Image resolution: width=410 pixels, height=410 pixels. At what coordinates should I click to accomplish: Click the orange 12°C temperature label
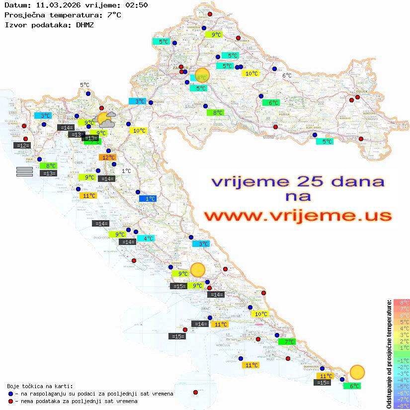(108, 158)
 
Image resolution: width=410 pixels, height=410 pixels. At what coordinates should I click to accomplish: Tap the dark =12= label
(22, 146)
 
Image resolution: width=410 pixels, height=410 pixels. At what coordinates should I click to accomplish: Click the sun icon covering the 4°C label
(202, 75)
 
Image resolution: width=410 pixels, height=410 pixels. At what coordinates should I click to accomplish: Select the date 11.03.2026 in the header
(54, 5)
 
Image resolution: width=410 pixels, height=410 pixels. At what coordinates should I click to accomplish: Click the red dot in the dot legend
(10, 401)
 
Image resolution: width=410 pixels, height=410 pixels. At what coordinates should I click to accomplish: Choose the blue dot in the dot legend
(10, 394)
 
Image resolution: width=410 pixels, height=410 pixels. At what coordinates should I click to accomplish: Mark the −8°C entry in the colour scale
(402, 406)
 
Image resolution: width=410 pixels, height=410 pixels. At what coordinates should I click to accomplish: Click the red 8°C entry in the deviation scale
(402, 302)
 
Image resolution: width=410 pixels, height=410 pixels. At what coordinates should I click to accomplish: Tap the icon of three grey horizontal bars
(24, 171)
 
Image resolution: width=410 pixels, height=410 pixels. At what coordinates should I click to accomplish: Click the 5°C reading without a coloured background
(84, 85)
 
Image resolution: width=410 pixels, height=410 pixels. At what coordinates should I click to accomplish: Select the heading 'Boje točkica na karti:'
(40, 386)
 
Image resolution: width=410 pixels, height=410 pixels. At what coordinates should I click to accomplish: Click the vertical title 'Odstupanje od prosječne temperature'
(389, 354)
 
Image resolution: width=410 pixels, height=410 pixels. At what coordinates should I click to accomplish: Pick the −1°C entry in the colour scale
(402, 360)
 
